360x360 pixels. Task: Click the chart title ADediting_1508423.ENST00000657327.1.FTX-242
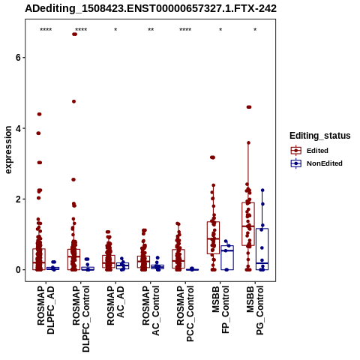point(151,9)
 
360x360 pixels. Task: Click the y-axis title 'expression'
point(8,150)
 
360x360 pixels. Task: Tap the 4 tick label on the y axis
point(17,128)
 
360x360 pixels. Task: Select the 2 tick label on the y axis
point(17,199)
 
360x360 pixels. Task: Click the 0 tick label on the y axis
point(17,270)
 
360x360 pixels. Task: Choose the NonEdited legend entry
point(316,163)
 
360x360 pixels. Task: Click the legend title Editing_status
point(320,136)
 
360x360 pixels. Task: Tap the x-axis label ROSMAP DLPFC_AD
point(46,310)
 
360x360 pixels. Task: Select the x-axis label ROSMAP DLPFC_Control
point(81,319)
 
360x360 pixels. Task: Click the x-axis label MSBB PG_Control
point(255,310)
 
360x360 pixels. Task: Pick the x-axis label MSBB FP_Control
point(220,310)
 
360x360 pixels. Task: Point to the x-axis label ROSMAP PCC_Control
point(185,313)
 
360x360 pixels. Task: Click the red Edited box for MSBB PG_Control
point(248,223)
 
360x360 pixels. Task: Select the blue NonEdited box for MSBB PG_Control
point(262,249)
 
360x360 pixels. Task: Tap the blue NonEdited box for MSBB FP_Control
point(227,257)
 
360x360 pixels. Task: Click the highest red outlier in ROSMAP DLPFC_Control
point(74,34)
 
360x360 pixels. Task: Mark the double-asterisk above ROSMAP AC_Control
point(151,30)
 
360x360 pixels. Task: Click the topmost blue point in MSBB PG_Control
point(262,190)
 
